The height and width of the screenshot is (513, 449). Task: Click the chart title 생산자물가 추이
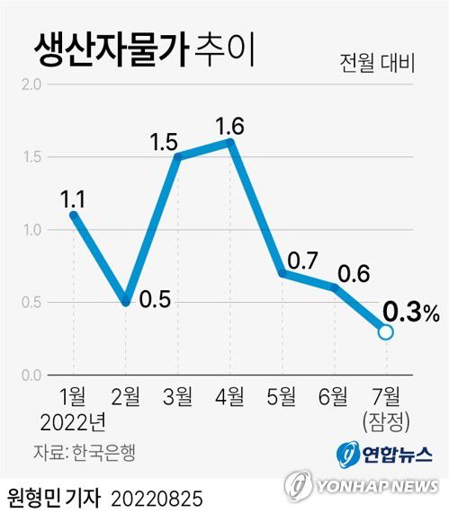point(144,48)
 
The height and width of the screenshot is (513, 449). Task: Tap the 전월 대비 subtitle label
point(377,64)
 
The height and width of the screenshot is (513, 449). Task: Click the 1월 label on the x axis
point(73,396)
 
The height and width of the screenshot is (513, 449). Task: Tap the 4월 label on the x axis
point(229,396)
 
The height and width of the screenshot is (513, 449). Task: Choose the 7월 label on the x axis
point(386,396)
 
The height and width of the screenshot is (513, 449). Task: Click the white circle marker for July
point(386,332)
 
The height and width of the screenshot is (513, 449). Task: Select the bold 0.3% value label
point(410,312)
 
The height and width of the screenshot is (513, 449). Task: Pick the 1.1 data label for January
point(73,195)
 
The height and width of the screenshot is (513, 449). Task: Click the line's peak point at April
point(230,142)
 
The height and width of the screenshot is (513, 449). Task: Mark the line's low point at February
point(126,302)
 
